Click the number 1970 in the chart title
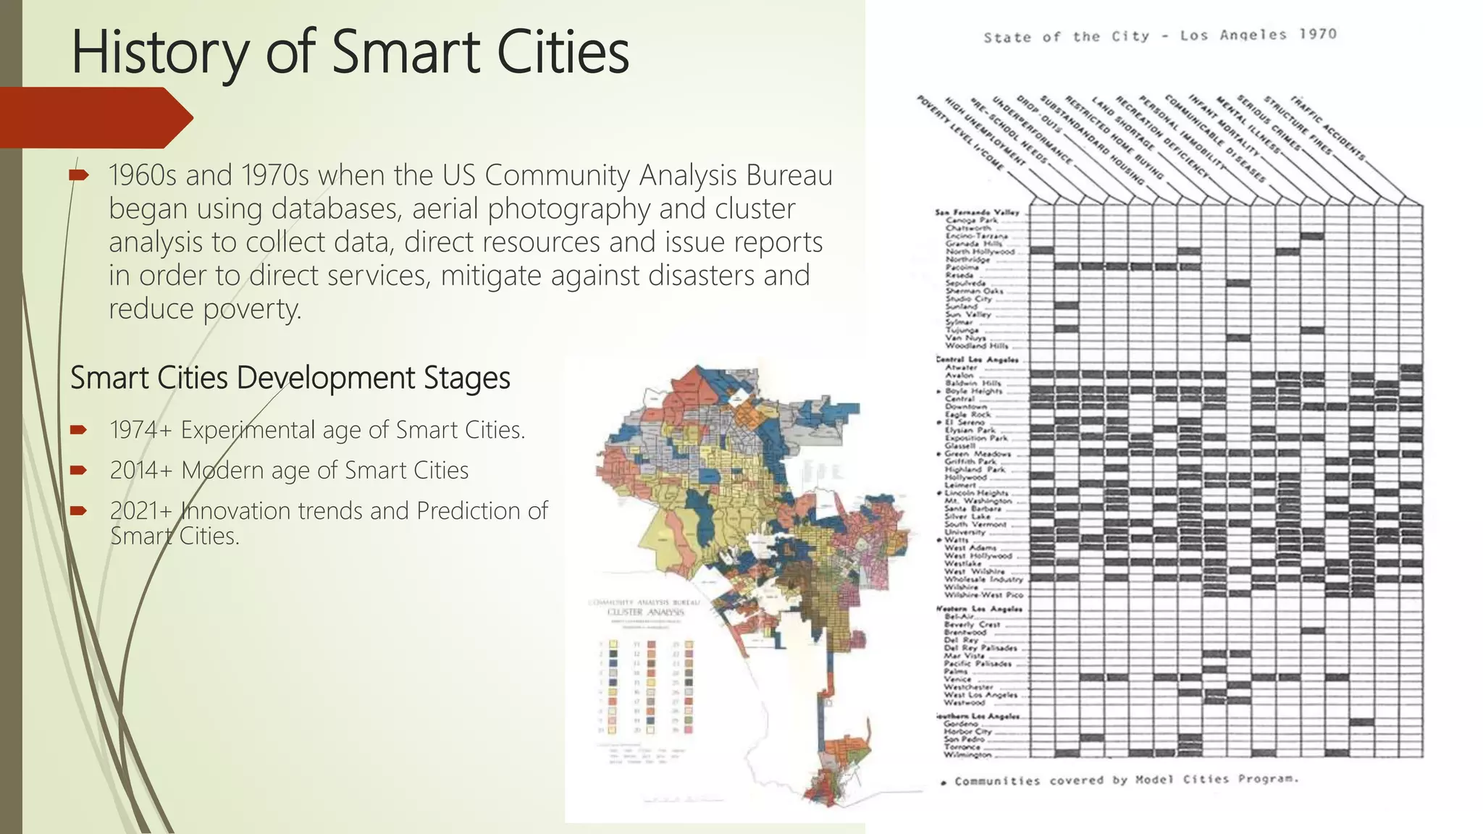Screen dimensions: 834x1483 (1317, 34)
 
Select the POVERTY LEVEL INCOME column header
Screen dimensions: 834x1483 (960, 133)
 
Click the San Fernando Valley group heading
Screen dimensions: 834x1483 (977, 212)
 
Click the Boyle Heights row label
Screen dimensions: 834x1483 (973, 391)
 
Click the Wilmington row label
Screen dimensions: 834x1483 (967, 754)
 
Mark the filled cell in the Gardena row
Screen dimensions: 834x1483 (1361, 723)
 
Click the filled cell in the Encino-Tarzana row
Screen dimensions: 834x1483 (1312, 236)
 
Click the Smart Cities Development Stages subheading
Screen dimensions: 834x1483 (290, 378)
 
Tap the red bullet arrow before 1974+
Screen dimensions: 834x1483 (78, 430)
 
